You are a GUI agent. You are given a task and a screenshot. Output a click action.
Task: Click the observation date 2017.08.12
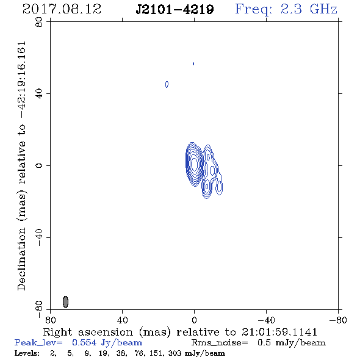[62, 9]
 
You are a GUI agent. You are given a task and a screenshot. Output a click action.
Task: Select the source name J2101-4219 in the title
[175, 10]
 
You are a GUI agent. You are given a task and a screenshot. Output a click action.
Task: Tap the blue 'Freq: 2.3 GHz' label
[286, 10]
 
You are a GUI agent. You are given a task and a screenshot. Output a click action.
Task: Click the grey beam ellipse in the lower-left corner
[65, 301]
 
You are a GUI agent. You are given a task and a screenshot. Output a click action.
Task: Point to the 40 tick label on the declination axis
[39, 94]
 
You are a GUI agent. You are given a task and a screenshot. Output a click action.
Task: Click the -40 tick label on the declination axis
[39, 237]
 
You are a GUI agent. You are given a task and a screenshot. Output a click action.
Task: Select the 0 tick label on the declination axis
[39, 165]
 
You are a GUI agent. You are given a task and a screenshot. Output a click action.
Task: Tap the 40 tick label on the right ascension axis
[122, 320]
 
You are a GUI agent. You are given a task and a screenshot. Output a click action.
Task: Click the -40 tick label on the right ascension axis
[266, 320]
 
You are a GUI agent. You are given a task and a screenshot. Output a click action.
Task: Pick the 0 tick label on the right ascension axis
[194, 320]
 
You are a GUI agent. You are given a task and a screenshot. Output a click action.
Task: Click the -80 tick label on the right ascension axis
[338, 320]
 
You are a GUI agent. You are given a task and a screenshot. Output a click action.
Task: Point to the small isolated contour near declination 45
[167, 84]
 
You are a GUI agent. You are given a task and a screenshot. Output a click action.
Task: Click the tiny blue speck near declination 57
[193, 63]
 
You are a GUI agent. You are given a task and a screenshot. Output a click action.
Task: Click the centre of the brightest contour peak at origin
[194, 164]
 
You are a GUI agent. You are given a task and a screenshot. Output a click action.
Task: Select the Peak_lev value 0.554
[84, 342]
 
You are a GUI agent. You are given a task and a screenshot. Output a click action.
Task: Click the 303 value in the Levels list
[175, 353]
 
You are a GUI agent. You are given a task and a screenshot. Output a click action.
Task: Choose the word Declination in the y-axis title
[21, 259]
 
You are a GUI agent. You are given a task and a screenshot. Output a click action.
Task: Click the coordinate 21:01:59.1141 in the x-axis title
[279, 332]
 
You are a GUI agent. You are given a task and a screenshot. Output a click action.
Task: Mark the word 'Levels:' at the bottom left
[27, 353]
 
